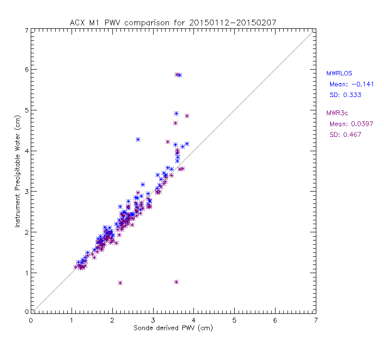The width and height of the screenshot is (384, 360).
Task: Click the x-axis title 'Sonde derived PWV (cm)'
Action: pyautogui.click(x=173, y=328)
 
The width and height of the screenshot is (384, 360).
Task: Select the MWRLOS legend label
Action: pyautogui.click(x=339, y=73)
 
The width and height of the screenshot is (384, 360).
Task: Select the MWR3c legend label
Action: pyautogui.click(x=337, y=113)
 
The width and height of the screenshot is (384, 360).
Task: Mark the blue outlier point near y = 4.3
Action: pyautogui.click(x=138, y=139)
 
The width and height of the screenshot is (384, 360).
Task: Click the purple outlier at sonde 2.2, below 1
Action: pyautogui.click(x=120, y=283)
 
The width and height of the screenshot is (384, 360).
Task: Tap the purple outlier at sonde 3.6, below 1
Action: pyautogui.click(x=176, y=282)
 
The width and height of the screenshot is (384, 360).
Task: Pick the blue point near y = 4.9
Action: pyautogui.click(x=176, y=113)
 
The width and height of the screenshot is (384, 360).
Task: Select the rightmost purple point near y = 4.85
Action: pyautogui.click(x=187, y=116)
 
